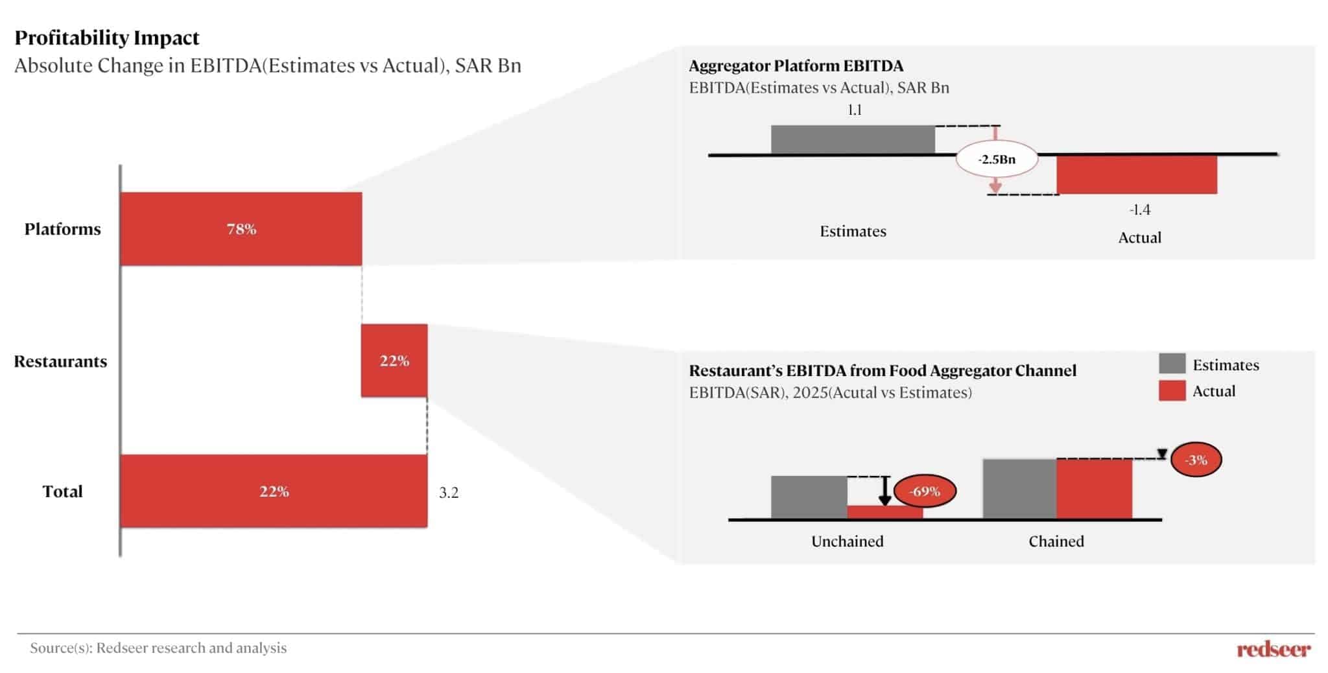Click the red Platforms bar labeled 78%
241,229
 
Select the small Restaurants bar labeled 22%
394,360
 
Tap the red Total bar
274,491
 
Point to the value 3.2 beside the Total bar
449,493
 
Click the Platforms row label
63,229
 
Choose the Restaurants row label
60,361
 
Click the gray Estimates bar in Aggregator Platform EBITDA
853,139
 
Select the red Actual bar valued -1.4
1137,174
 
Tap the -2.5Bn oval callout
997,159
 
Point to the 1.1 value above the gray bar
855,110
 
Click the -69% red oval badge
925,491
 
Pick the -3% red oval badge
1196,460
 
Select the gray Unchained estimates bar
809,497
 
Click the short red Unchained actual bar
885,512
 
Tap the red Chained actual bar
1095,489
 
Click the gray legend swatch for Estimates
1172,364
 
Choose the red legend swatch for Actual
1172,390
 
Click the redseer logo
1274,648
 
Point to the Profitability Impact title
107,38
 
